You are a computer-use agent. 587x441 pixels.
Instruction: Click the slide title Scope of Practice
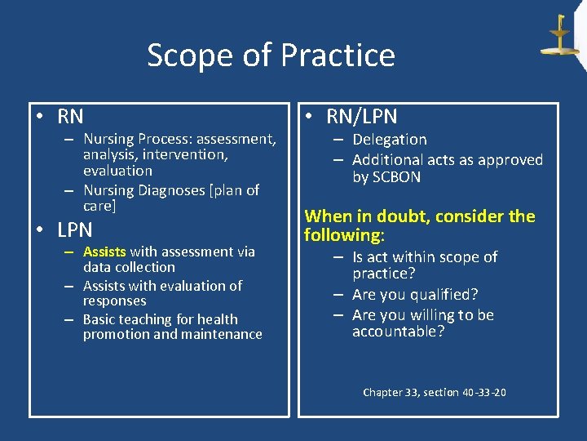pyautogui.click(x=271, y=56)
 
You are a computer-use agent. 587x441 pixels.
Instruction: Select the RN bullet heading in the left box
pyautogui.click(x=70, y=117)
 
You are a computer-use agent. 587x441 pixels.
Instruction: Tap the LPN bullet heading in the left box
pyautogui.click(x=74, y=229)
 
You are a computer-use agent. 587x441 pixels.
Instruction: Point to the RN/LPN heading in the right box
pyautogui.click(x=356, y=117)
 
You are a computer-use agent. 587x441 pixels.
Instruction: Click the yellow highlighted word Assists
pyautogui.click(x=104, y=252)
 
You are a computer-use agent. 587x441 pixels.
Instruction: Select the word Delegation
pyautogui.click(x=389, y=140)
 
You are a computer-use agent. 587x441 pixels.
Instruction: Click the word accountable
pyautogui.click(x=398, y=332)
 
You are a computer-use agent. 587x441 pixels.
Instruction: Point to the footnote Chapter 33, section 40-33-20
pyautogui.click(x=434, y=393)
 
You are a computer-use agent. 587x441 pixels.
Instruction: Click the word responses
pyautogui.click(x=114, y=301)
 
